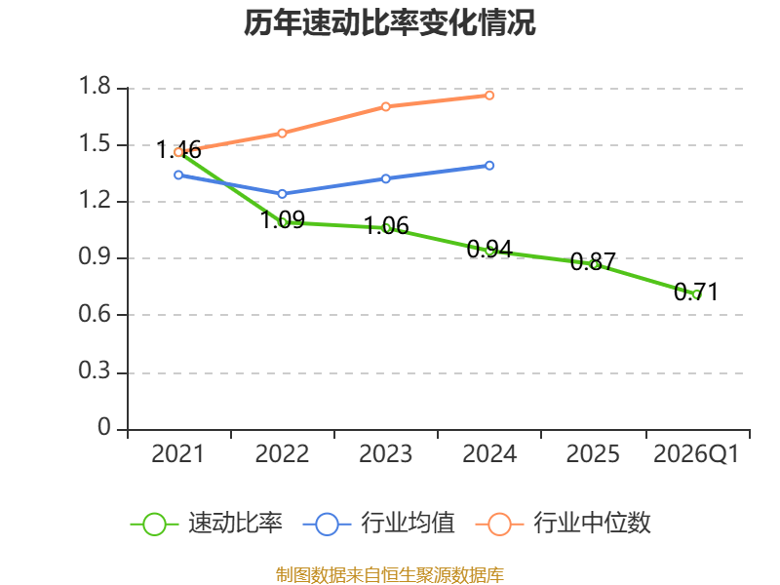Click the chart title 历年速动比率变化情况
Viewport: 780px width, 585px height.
389,22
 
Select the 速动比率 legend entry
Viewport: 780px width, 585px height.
207,524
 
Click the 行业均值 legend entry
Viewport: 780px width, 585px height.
378,524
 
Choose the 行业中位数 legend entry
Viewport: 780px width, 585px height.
564,524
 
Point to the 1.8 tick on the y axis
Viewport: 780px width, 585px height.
95,86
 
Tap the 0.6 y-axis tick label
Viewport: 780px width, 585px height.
95,314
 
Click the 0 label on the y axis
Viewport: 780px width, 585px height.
104,427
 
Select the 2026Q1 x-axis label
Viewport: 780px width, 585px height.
696,453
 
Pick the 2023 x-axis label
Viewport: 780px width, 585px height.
385,453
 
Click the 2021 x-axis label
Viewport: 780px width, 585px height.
178,453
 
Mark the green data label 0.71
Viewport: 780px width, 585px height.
696,292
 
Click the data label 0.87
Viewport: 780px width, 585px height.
593,261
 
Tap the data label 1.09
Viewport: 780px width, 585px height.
283,219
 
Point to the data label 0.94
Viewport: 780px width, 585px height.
489,249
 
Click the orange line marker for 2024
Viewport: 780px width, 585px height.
489,96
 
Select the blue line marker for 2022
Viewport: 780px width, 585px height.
282,193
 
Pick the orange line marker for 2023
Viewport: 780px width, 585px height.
385,106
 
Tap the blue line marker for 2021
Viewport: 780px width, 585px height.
178,175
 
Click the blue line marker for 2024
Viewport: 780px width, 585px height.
489,165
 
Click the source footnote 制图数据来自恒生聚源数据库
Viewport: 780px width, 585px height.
390,574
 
